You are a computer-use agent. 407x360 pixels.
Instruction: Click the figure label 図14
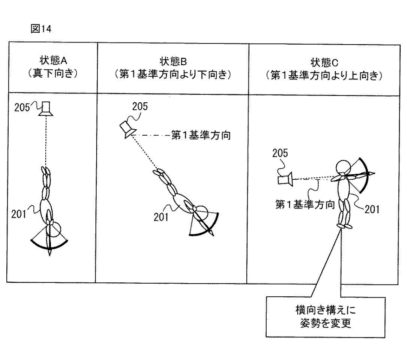coord(41,29)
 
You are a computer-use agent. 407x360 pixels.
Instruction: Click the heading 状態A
coord(53,60)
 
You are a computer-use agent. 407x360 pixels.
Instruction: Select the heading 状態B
coord(173,62)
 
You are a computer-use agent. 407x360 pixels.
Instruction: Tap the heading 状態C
coord(324,62)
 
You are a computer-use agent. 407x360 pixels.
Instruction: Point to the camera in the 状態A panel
coord(46,109)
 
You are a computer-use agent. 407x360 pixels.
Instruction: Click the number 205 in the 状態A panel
coord(22,107)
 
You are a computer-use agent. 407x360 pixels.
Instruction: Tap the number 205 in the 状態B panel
coord(140,107)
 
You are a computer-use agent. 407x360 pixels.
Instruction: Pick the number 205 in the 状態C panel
coord(280,153)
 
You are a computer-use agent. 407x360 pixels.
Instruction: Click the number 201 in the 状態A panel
coord(18,214)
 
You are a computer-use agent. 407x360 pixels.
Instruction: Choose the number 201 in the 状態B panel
coord(161,217)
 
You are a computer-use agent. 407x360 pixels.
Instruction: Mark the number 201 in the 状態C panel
coord(372,209)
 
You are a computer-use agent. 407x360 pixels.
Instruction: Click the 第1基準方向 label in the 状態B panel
coord(201,135)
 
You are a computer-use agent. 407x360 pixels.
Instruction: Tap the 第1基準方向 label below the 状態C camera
coord(305,205)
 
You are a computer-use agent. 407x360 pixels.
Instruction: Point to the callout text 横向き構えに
coord(326,310)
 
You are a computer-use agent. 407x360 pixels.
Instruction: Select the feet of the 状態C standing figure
coord(345,226)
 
